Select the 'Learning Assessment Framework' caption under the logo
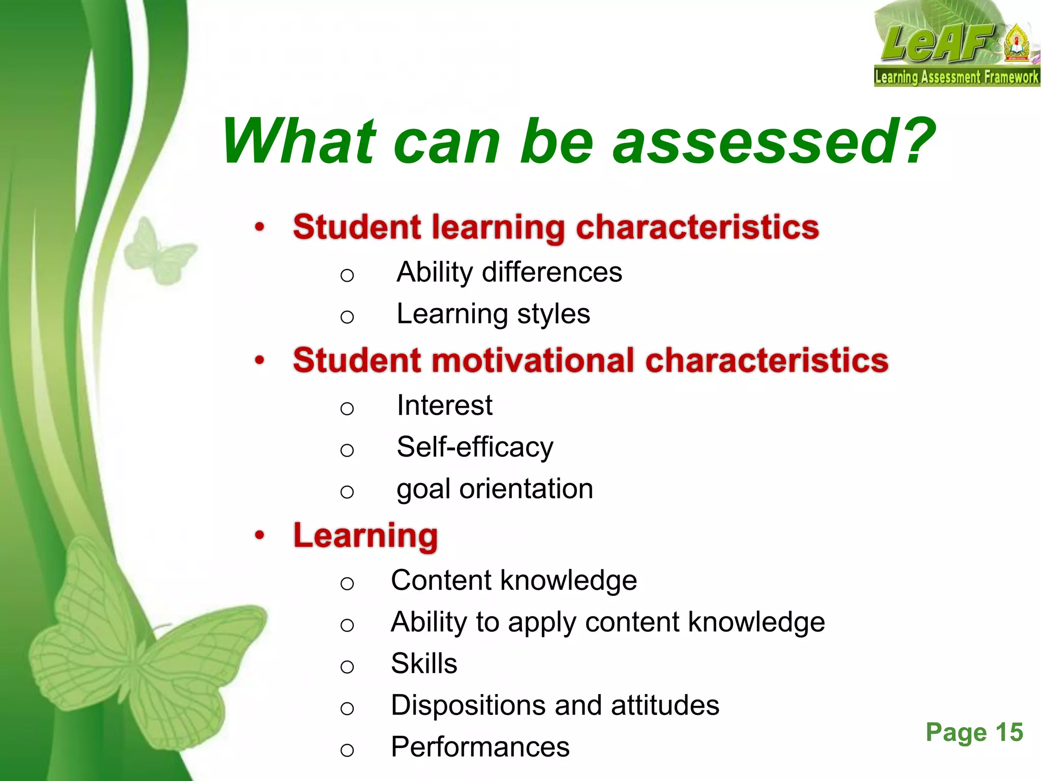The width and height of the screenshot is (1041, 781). (957, 78)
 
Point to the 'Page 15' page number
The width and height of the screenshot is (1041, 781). (974, 733)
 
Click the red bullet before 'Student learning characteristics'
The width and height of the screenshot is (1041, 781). (260, 227)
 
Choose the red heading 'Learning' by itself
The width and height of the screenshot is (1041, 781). (365, 535)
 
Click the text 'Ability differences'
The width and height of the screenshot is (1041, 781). (509, 272)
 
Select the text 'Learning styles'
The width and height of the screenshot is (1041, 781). (493, 314)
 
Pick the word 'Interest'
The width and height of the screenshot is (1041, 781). (444, 405)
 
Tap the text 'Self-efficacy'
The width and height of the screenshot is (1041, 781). (475, 447)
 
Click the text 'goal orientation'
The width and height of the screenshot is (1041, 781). (495, 489)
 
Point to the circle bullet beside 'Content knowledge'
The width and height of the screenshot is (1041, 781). (347, 583)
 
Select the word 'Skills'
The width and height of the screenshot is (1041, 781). (424, 664)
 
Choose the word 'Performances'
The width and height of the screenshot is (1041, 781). (480, 747)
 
